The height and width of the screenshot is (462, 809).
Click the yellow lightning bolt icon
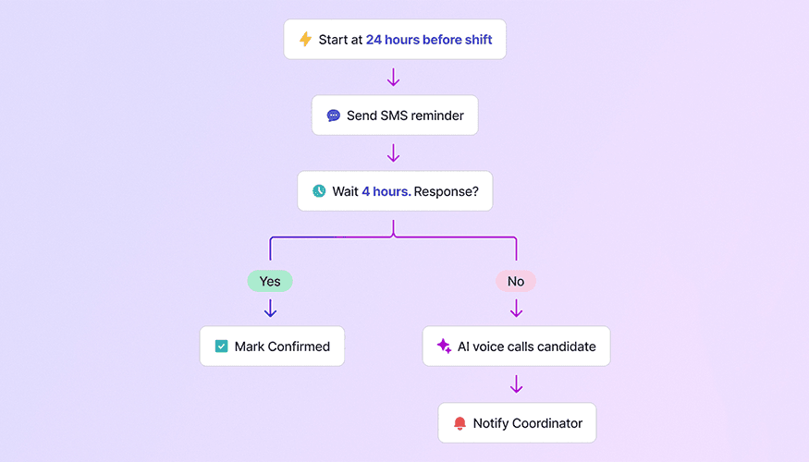[x=305, y=40]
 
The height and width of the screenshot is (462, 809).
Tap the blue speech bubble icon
[x=333, y=116]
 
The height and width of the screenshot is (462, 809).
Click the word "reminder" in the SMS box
[x=433, y=116]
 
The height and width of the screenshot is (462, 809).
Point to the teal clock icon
[x=319, y=191]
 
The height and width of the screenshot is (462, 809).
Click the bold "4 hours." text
[x=386, y=191]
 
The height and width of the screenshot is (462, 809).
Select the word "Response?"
[x=453, y=191]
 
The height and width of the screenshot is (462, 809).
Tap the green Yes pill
[x=270, y=281]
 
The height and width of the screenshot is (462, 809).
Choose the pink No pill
[x=516, y=281]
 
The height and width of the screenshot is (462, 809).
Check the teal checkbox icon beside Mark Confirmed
[x=221, y=346]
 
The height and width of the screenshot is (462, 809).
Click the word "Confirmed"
[x=299, y=346]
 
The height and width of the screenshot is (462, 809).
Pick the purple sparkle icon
[x=444, y=346]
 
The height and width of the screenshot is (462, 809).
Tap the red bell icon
[x=460, y=423]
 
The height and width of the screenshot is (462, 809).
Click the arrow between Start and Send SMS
[x=393, y=77]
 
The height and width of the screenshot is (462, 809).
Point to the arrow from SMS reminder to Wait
[x=393, y=152]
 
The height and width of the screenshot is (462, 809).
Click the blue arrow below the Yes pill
[x=270, y=308]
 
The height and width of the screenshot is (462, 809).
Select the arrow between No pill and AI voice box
[x=516, y=308]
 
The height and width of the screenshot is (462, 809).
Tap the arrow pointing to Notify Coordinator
[x=516, y=384]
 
